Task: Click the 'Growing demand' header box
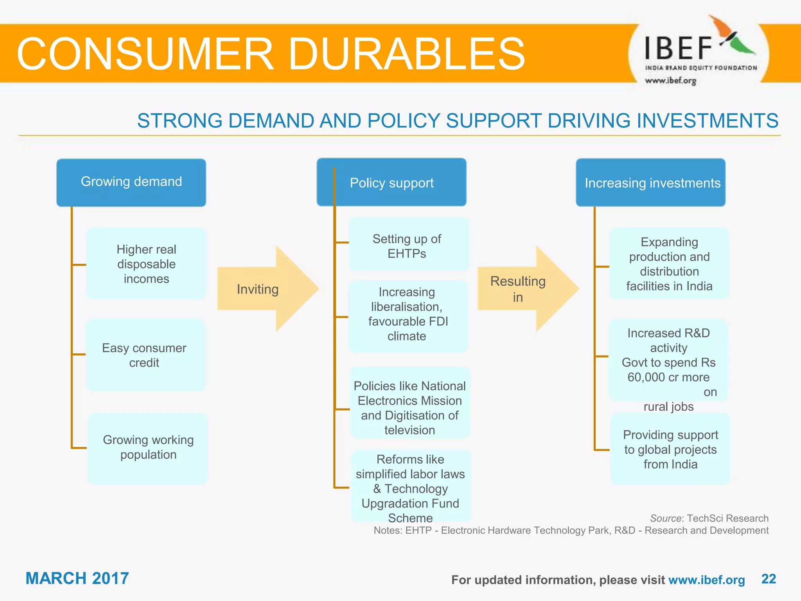click(x=131, y=182)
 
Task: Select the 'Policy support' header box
click(x=392, y=182)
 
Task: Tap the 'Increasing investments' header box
click(x=651, y=182)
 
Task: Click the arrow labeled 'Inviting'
click(x=266, y=289)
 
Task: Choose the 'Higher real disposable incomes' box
click(x=146, y=264)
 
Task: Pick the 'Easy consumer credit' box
click(x=145, y=355)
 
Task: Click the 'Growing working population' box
click(x=148, y=448)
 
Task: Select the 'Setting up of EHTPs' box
click(x=408, y=245)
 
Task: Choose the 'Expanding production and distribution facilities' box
click(x=669, y=264)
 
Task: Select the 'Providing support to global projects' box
click(x=670, y=449)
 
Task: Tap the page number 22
click(x=769, y=579)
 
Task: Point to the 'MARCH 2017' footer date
click(x=77, y=578)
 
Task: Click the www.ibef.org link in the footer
click(x=706, y=580)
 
